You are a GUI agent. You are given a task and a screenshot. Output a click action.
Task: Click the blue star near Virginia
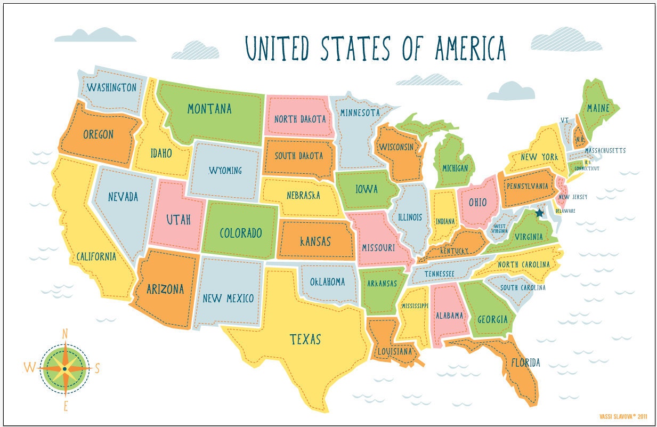[539, 213]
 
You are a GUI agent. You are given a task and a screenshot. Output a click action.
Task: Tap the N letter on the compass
[65, 334]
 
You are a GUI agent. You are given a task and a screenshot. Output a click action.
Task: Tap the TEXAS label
[305, 339]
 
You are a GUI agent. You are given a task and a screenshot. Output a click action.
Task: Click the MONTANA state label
[209, 109]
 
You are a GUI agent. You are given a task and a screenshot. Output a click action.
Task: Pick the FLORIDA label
[525, 363]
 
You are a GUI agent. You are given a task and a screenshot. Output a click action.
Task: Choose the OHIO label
[477, 203]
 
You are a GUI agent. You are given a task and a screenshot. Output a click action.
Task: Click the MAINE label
[598, 108]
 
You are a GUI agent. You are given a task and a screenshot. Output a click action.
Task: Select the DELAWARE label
[565, 211]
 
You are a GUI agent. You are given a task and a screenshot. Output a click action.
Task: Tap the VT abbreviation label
[565, 120]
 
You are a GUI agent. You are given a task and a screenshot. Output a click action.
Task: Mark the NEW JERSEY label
[573, 197]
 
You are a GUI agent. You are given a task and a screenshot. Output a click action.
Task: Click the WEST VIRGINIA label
[499, 229]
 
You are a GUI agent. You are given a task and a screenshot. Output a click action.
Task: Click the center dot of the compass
[65, 368]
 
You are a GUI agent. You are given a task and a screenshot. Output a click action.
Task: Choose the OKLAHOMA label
[328, 281]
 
